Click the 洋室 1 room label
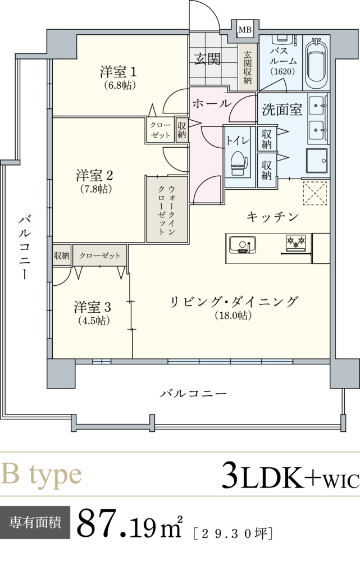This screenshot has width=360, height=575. point(119,72)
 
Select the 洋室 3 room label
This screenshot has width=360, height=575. point(93,308)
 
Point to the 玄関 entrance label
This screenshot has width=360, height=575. point(207,59)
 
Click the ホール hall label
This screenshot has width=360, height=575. point(211,103)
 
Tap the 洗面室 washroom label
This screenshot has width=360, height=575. point(282,110)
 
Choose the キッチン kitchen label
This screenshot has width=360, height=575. point(272,216)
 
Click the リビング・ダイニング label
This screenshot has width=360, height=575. point(234,302)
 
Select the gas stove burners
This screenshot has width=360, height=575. point(296,243)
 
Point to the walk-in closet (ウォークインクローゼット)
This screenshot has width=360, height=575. point(166,209)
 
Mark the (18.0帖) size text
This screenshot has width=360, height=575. point(234,316)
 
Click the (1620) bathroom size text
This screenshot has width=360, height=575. point(281,71)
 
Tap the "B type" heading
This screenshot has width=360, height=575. point(41,475)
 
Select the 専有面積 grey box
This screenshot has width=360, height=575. point(35,522)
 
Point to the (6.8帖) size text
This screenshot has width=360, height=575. point(120,86)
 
